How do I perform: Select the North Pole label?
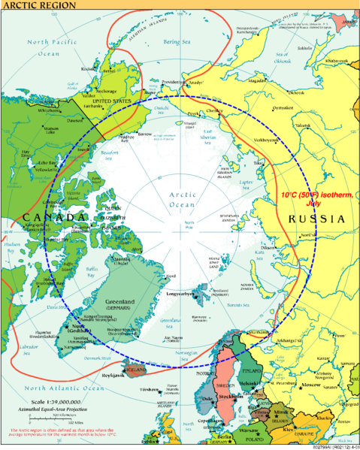coord(192,223)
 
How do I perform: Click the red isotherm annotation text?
coord(316,198)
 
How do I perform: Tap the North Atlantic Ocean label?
coord(64,388)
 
